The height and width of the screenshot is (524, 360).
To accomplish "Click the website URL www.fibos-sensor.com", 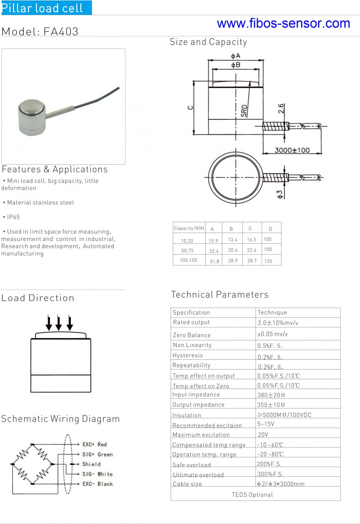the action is (283, 23).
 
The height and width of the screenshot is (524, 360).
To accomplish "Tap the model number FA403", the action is (61, 32).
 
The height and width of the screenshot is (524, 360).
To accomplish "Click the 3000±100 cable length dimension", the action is (292, 150).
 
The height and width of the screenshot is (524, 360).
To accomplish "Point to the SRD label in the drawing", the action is (244, 111).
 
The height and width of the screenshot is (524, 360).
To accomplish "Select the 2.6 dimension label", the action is (281, 108).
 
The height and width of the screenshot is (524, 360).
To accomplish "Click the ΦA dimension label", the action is (236, 56).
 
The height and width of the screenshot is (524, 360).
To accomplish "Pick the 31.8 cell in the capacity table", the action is (214, 261).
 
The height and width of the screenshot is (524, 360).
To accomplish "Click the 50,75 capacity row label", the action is (188, 251).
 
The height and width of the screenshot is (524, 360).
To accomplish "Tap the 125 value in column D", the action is (268, 261).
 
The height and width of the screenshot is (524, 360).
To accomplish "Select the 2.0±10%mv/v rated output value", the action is (278, 323).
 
